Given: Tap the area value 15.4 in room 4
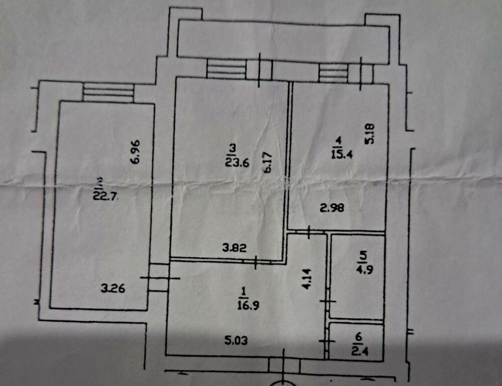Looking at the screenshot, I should coord(341,154).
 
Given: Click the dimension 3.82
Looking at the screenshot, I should coord(234,247).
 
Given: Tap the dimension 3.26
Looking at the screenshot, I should coord(112,288).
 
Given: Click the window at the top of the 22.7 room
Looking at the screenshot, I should coord(108,93).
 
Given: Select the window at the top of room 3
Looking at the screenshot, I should coord(226,69).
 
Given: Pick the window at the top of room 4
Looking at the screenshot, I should coord(334,73).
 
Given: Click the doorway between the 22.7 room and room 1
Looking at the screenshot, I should coord(159,278).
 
